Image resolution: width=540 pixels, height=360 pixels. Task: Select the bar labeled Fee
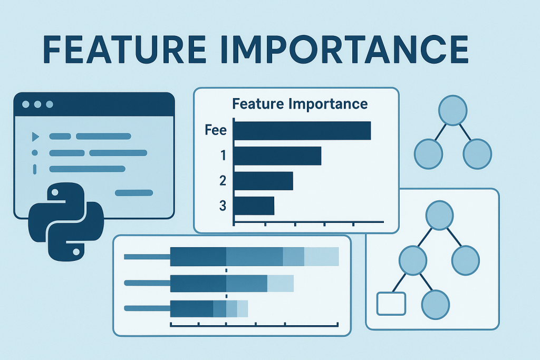point(302,131)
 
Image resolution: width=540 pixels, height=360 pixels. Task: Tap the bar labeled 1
point(277,156)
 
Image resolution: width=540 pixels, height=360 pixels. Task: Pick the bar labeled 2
point(263,181)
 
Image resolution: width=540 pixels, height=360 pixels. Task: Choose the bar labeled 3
point(254,206)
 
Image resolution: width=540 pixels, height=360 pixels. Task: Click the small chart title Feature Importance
point(300,103)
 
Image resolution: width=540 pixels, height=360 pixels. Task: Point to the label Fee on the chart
point(215,130)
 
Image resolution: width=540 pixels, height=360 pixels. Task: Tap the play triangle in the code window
point(35,137)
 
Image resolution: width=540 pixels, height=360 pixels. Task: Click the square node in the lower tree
point(391,303)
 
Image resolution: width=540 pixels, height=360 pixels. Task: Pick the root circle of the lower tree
point(440,216)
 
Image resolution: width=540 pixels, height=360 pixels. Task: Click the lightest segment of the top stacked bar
point(321,257)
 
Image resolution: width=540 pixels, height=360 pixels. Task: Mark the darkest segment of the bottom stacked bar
point(191,309)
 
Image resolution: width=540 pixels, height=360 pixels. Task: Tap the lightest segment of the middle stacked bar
point(280,284)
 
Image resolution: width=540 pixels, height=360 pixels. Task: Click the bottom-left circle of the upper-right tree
point(429,153)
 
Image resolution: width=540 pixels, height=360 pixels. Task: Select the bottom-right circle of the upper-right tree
point(477,153)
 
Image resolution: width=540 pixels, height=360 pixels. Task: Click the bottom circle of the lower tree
point(436,305)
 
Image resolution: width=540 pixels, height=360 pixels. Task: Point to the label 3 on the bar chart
point(222,206)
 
